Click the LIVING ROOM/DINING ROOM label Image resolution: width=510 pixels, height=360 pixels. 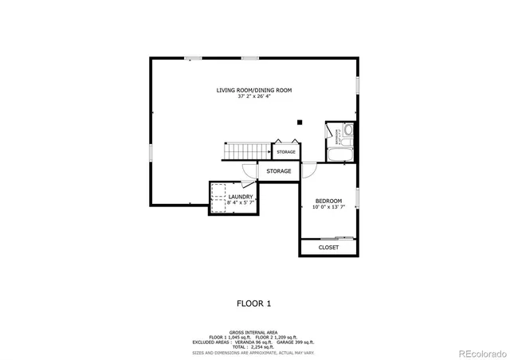click(x=254, y=90)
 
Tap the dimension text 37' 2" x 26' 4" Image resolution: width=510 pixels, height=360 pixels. click(x=254, y=96)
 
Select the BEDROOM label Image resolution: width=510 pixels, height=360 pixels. click(x=328, y=201)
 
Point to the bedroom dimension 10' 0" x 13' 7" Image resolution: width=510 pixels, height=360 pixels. click(x=328, y=207)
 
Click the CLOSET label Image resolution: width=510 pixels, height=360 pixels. click(x=328, y=248)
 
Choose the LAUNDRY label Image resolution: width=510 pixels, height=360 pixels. click(x=241, y=197)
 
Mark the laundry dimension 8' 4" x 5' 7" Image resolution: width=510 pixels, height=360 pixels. click(x=241, y=203)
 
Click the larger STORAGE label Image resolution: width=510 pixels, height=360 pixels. click(x=278, y=171)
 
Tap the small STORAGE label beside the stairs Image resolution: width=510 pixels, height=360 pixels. click(x=286, y=151)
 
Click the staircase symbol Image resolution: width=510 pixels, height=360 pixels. click(x=246, y=151)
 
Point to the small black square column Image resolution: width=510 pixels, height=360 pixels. click(x=300, y=122)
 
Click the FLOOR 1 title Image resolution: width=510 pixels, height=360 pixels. click(x=254, y=303)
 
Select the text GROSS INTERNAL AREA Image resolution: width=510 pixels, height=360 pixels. click(x=254, y=332)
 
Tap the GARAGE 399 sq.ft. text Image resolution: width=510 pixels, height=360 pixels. click(x=296, y=342)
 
